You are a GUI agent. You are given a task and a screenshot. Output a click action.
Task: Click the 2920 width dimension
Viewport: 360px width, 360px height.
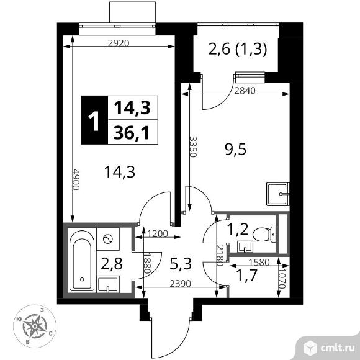119,43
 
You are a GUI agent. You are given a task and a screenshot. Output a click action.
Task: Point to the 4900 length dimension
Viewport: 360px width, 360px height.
76,179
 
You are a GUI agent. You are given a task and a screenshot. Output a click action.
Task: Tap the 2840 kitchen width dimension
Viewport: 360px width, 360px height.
245,91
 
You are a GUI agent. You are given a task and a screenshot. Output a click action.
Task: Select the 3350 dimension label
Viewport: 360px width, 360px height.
193,146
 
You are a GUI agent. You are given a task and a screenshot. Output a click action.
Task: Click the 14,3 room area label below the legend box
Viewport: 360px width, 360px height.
120,172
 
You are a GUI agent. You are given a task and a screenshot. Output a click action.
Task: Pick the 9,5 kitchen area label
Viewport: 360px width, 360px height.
236,150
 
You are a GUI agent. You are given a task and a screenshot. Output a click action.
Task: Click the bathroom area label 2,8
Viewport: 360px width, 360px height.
112,264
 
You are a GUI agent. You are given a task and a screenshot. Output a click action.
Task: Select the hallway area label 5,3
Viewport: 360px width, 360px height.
181,264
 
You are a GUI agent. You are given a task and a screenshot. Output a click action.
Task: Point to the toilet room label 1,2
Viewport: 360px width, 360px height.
238,229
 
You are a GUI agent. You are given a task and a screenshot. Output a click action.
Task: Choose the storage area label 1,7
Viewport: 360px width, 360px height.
246,276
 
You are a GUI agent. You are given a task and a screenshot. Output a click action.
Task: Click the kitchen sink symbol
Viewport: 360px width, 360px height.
277,194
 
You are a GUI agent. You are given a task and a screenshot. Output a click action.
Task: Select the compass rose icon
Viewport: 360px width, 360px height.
35,326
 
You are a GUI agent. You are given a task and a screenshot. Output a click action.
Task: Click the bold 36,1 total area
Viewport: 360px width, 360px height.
132,133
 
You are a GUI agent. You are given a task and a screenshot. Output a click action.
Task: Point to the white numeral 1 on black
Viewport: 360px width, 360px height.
94,121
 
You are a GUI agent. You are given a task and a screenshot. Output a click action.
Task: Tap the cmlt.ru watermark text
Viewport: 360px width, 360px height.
337,348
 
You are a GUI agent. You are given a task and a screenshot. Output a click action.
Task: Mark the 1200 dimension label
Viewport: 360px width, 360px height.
158,234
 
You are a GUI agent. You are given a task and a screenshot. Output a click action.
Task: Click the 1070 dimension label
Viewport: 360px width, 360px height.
282,278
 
